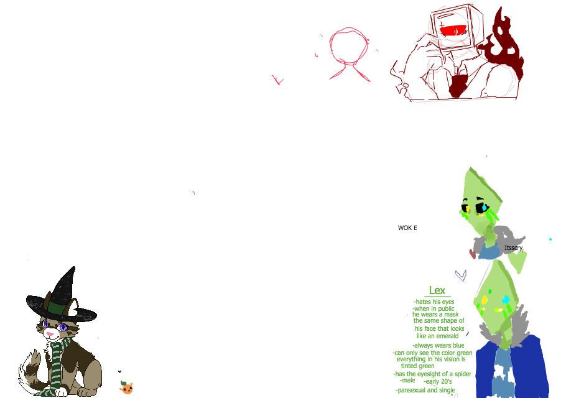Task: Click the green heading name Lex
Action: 437,290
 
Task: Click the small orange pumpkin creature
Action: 126,388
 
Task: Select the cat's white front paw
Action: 61,392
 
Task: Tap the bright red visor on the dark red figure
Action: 453,30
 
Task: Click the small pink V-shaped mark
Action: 278,80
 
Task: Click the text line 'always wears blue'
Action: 438,345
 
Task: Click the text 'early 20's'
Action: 437,381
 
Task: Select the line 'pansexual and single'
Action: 425,390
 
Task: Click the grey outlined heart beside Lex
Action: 460,274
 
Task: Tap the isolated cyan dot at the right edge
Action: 550,239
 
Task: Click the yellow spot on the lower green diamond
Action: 485,301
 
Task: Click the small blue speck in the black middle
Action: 193,193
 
